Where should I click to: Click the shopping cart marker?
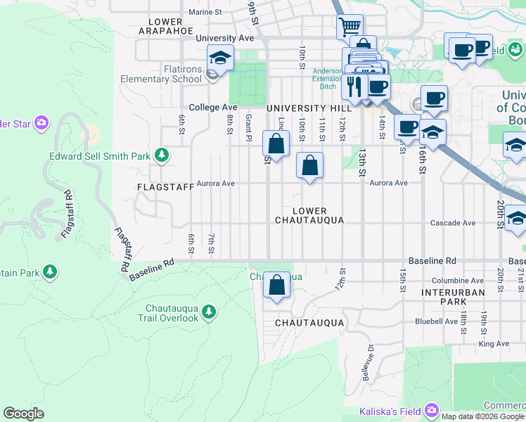click(x=349, y=27)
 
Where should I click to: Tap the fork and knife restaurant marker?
click(x=354, y=86)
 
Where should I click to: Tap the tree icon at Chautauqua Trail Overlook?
click(x=208, y=311)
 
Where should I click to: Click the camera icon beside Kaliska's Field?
click(x=430, y=410)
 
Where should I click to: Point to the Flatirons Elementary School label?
click(x=161, y=74)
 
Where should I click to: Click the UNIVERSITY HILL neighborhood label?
click(x=309, y=108)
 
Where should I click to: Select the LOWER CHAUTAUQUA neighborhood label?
click(x=309, y=215)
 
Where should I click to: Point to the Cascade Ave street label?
click(x=453, y=223)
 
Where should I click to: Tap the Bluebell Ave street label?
click(x=436, y=321)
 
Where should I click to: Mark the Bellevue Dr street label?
click(x=367, y=364)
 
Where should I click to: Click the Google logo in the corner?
click(x=24, y=414)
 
